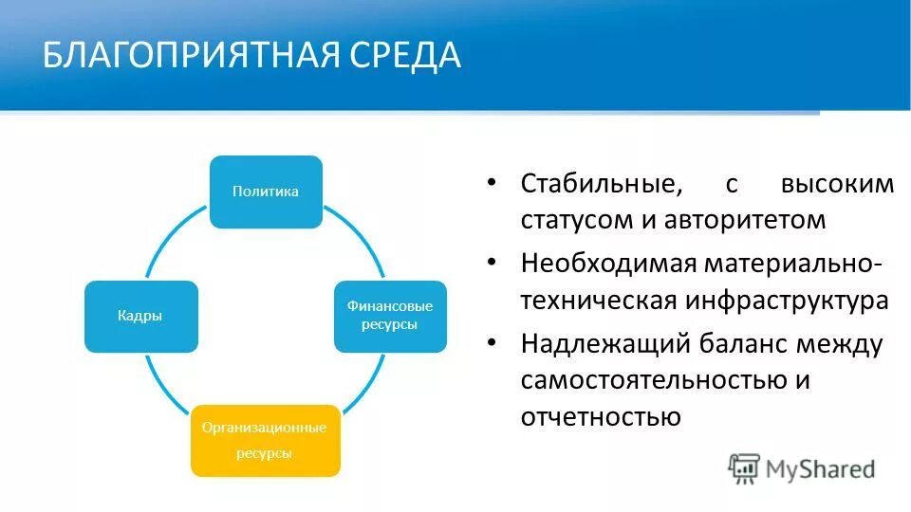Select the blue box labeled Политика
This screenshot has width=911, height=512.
click(266, 192)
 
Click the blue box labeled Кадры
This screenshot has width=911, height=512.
click(140, 317)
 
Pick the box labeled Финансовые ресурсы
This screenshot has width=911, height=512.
click(389, 317)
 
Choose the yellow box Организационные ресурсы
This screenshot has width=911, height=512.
click(265, 440)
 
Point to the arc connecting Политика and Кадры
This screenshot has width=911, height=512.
click(171, 237)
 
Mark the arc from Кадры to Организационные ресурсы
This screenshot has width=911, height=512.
click(161, 384)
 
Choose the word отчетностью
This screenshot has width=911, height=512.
click(600, 417)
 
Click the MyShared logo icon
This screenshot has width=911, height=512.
click(744, 467)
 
